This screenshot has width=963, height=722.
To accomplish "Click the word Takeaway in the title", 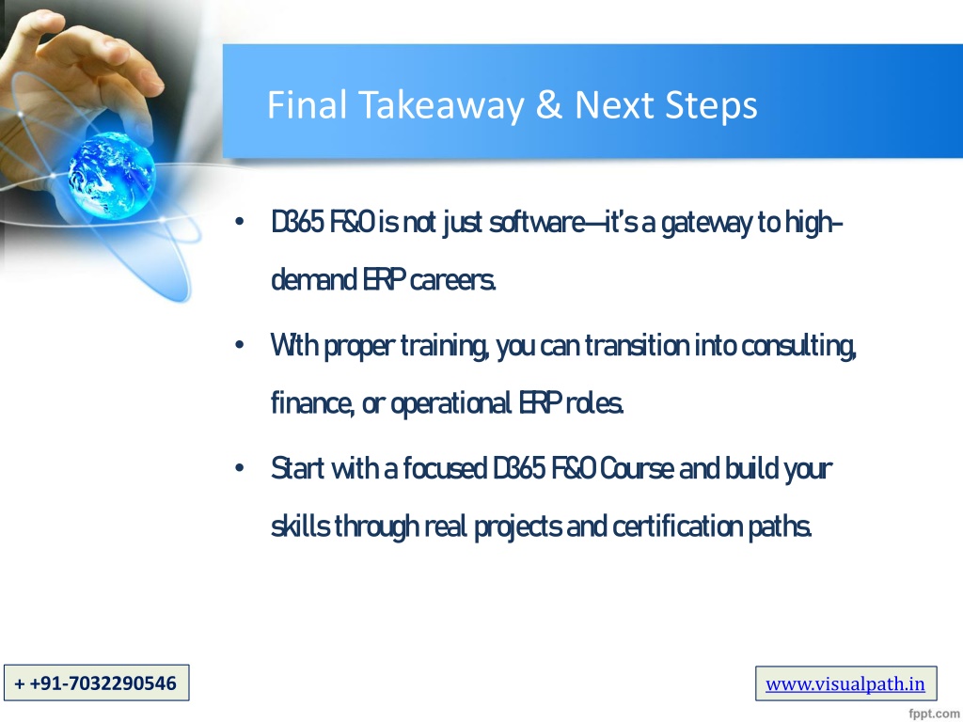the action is point(441,105).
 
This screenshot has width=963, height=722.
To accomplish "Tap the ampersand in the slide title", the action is point(549,104).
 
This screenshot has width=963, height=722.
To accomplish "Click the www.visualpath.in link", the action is point(845,683).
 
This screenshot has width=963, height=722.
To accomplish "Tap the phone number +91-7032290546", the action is point(96,683).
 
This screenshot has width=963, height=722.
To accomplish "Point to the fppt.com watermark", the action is point(935,713).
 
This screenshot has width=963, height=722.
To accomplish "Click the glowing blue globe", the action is point(111,175).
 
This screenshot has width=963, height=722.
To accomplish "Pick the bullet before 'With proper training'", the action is point(240,344).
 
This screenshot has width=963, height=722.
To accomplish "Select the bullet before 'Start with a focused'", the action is point(240,468).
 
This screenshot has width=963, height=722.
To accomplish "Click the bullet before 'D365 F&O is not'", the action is point(240,222).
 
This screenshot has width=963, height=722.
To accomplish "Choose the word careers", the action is point(452,281).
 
